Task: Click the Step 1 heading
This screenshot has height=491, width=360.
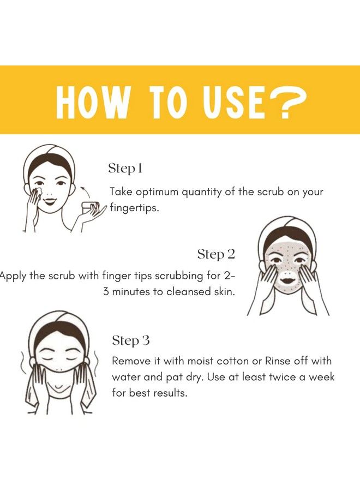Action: pyautogui.click(x=125, y=169)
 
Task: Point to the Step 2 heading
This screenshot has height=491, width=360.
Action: pyautogui.click(x=216, y=254)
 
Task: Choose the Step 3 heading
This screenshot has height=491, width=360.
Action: pyautogui.click(x=131, y=340)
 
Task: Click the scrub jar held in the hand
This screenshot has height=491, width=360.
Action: pyautogui.click(x=90, y=208)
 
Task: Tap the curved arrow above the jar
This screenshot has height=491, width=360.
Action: pyautogui.click(x=86, y=191)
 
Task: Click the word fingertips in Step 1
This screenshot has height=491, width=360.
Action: pyautogui.click(x=134, y=208)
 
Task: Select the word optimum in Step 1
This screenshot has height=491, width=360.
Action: pyautogui.click(x=158, y=192)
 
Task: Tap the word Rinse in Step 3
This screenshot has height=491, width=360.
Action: pyautogui.click(x=278, y=361)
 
